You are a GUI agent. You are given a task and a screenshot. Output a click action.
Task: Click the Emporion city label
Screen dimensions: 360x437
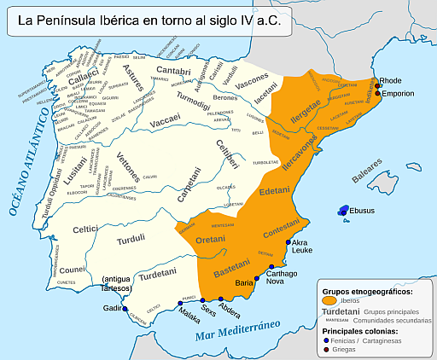[x=399, y=94]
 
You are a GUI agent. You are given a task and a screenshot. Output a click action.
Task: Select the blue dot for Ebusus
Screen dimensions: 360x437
[x=343, y=211]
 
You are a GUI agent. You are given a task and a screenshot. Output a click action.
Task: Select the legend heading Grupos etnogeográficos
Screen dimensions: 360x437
[x=369, y=291]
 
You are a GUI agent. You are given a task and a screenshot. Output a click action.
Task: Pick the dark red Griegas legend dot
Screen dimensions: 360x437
[x=326, y=349]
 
